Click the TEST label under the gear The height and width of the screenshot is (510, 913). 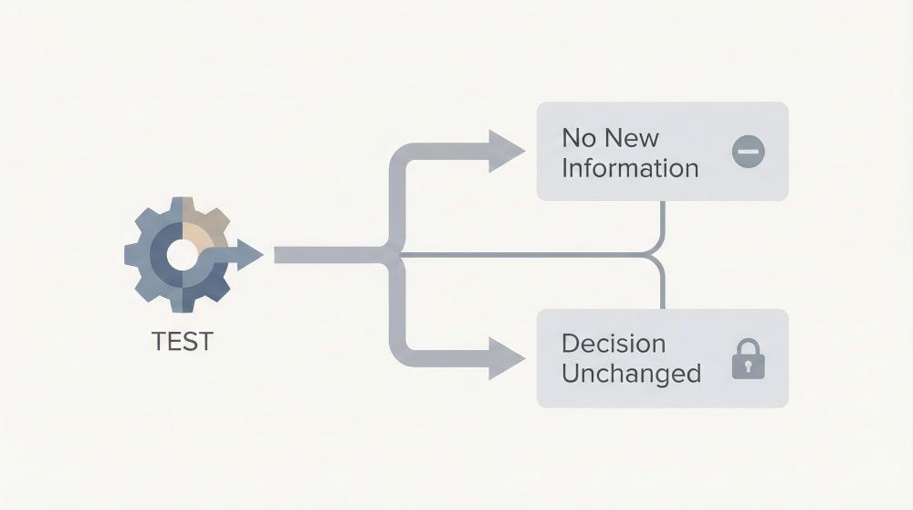[182, 341]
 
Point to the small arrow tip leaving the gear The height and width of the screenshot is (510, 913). [256, 255]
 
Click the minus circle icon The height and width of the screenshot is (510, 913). [749, 152]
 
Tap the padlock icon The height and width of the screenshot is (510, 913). [748, 359]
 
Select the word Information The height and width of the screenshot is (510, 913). [630, 168]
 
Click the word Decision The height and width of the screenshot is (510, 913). [614, 344]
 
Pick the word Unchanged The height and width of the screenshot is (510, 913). [631, 374]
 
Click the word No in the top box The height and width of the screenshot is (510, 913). [577, 138]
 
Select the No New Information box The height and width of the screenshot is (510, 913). [662, 152]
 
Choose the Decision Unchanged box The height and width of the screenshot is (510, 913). [662, 358]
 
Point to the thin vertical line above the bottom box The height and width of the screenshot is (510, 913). [662, 288]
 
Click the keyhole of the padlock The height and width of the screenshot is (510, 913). [748, 367]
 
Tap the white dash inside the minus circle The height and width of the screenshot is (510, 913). [749, 152]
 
